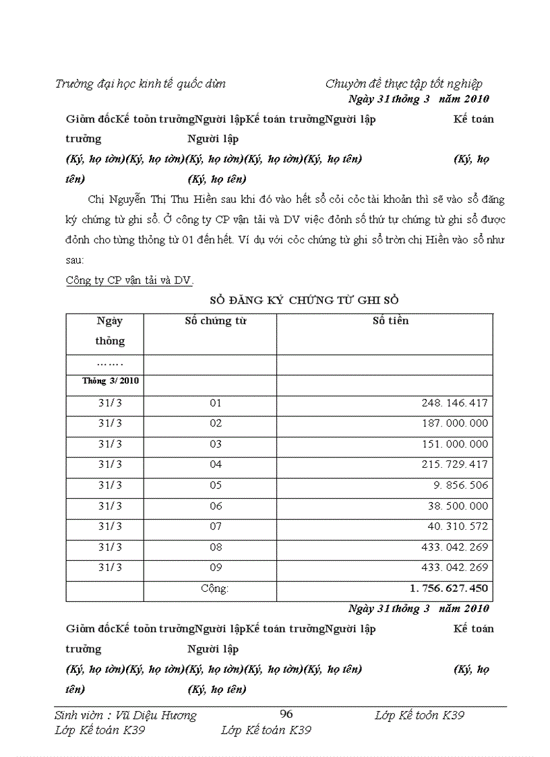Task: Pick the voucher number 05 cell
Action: (x=215, y=485)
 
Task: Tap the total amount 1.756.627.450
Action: (x=449, y=588)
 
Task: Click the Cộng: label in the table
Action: (x=215, y=588)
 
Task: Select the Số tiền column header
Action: (x=390, y=321)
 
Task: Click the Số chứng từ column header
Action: (x=215, y=321)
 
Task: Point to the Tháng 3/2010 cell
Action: (x=111, y=381)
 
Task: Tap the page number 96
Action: (x=286, y=715)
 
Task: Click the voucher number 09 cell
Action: (x=215, y=568)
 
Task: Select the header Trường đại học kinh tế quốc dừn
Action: (x=140, y=84)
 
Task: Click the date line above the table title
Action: (x=419, y=99)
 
